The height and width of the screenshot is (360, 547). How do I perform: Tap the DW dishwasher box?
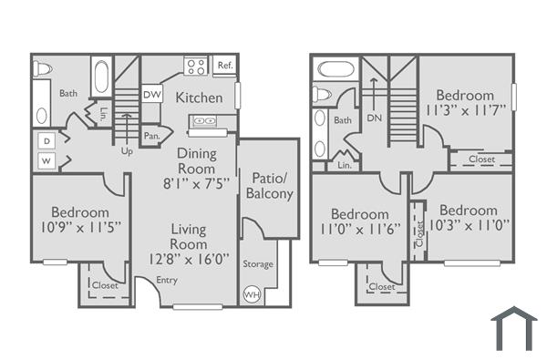coord(152,92)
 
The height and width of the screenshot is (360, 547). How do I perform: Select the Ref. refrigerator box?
coord(224,66)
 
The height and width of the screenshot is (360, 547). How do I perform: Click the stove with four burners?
coord(196,66)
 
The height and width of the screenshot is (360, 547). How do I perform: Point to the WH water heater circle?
coord(251,295)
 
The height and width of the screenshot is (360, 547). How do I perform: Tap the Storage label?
coord(258,264)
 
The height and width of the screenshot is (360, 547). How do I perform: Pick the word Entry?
coord(167,280)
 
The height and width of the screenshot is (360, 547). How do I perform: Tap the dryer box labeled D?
coord(46,141)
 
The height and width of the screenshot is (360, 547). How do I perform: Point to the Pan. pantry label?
coord(152,136)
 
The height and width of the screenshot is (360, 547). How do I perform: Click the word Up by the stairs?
coord(128,151)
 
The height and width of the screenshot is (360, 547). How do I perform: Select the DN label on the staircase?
coord(374,118)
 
